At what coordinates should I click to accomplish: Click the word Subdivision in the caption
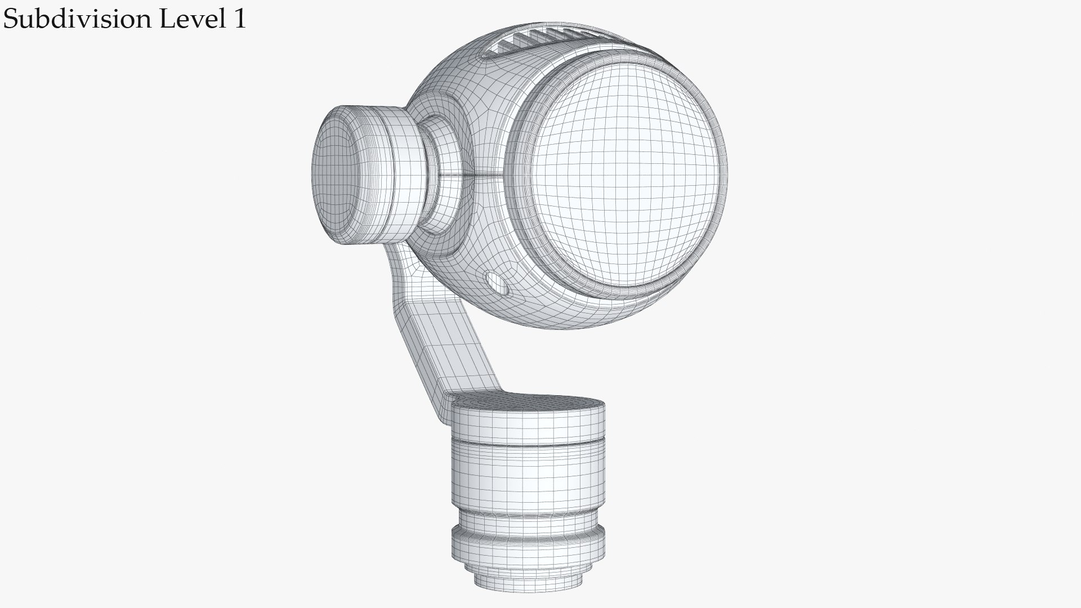[x=78, y=19]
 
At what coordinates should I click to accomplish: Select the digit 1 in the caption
[x=239, y=19]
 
